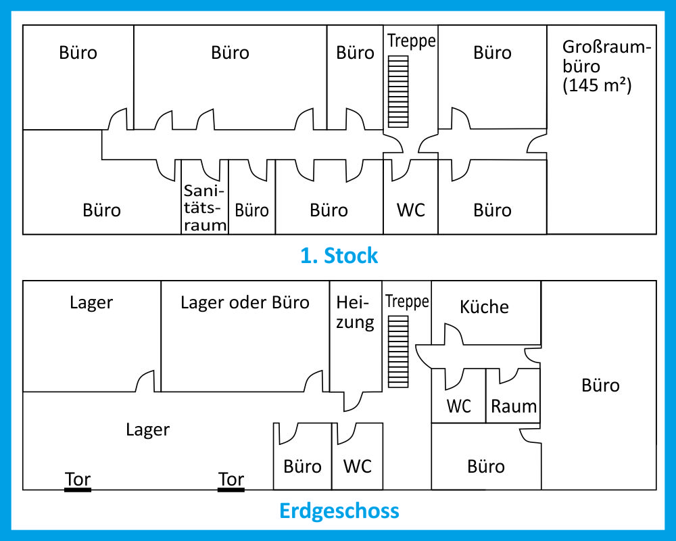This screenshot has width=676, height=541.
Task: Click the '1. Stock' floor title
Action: click(339, 256)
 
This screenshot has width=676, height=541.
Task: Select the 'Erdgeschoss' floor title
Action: click(339, 510)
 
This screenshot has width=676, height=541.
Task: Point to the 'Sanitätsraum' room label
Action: click(205, 210)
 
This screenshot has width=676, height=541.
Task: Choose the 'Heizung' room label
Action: click(355, 312)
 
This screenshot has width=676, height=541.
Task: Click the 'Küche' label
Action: click(484, 306)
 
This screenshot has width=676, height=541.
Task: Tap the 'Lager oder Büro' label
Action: click(245, 302)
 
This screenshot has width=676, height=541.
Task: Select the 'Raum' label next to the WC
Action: click(514, 406)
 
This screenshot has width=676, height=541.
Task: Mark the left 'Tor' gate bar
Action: click(78, 489)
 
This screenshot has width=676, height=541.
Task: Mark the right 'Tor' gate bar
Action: click(231, 489)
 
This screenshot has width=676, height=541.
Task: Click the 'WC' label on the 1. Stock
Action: click(411, 210)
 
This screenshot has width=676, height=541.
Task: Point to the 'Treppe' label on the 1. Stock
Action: click(411, 41)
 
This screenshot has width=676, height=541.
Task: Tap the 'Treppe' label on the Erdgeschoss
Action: click(407, 302)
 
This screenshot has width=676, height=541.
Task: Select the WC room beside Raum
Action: click(459, 406)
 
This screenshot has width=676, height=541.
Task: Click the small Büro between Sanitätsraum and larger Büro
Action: click(252, 210)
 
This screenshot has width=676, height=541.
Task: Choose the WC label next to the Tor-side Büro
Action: click(357, 466)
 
